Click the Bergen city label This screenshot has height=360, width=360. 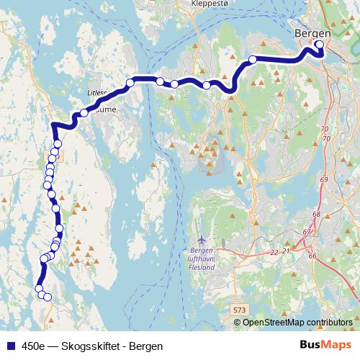[312, 33]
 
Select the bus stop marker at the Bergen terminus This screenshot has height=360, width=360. [320, 45]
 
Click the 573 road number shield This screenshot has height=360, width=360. [240, 309]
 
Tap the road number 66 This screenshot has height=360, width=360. [312, 256]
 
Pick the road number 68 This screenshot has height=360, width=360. [317, 215]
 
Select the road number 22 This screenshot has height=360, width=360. [274, 252]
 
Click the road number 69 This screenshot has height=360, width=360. [323, 179]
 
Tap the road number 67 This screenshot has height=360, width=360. [307, 232]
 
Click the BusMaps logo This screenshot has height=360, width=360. [325, 346]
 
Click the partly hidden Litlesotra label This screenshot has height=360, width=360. [95, 93]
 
